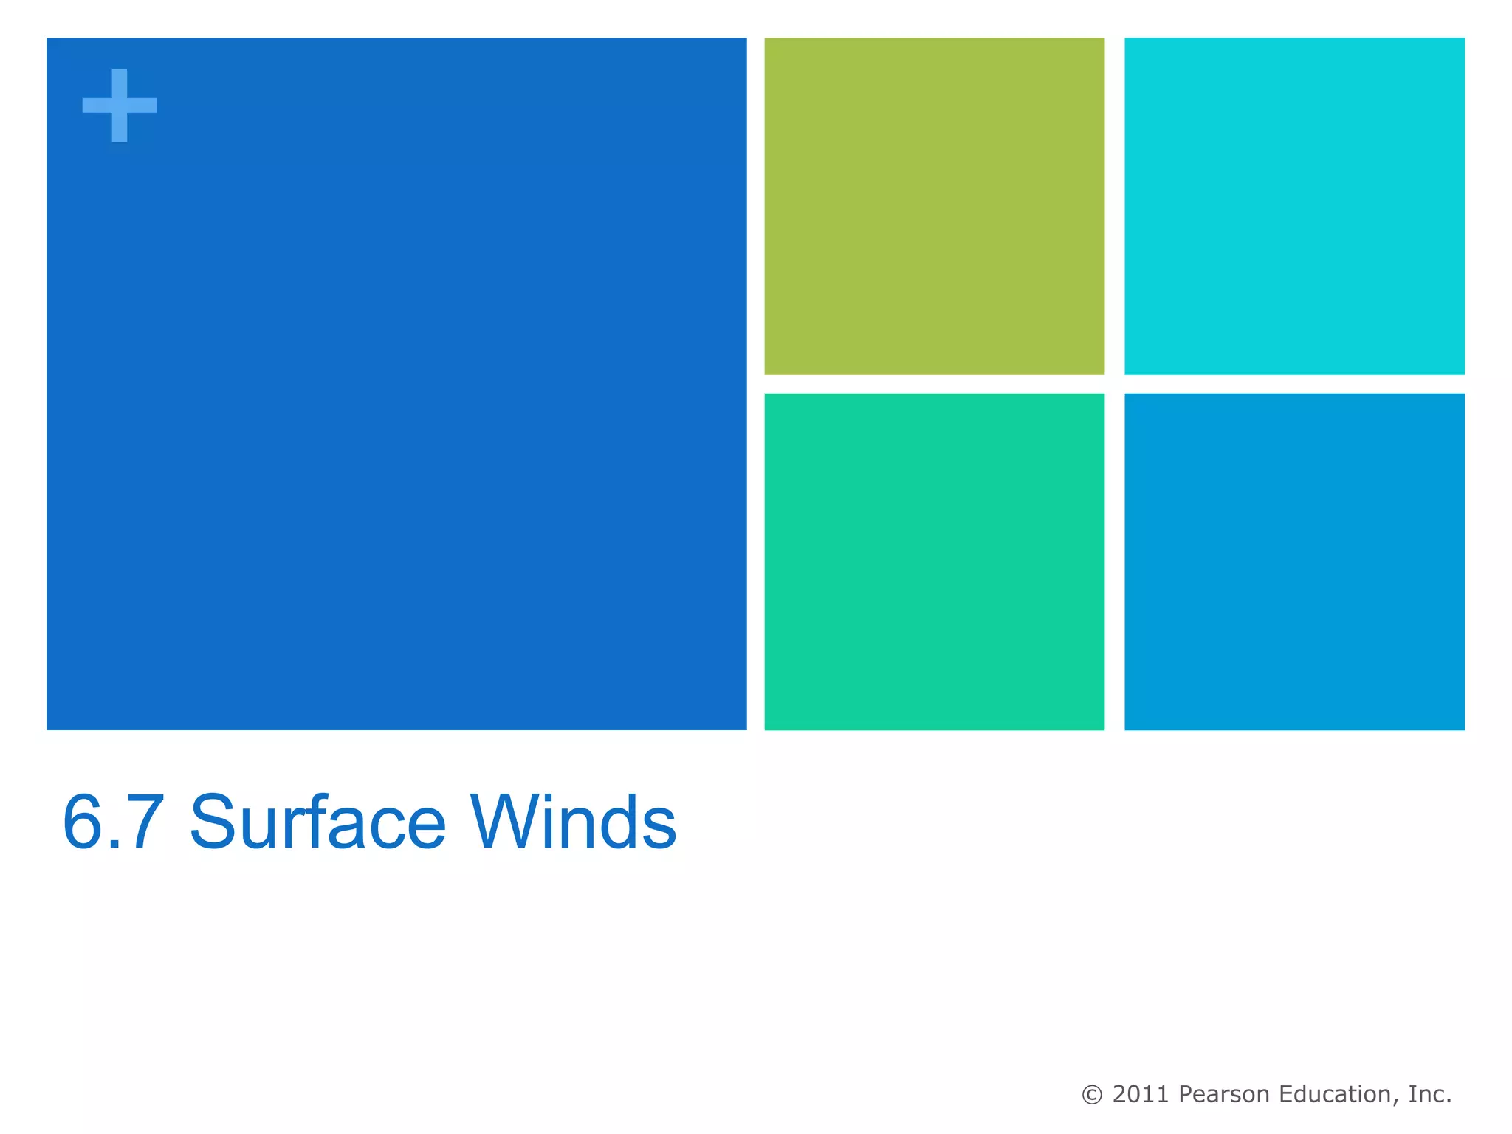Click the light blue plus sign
click(119, 106)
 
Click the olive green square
click(934, 206)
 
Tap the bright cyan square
click(1293, 206)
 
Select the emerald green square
click(934, 561)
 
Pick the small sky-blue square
click(1293, 561)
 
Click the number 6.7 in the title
click(113, 822)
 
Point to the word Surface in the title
click(317, 822)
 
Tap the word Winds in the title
click(573, 822)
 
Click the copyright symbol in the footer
click(1091, 1095)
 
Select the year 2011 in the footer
click(1141, 1094)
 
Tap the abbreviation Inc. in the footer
click(1430, 1094)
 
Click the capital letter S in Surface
click(213, 822)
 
